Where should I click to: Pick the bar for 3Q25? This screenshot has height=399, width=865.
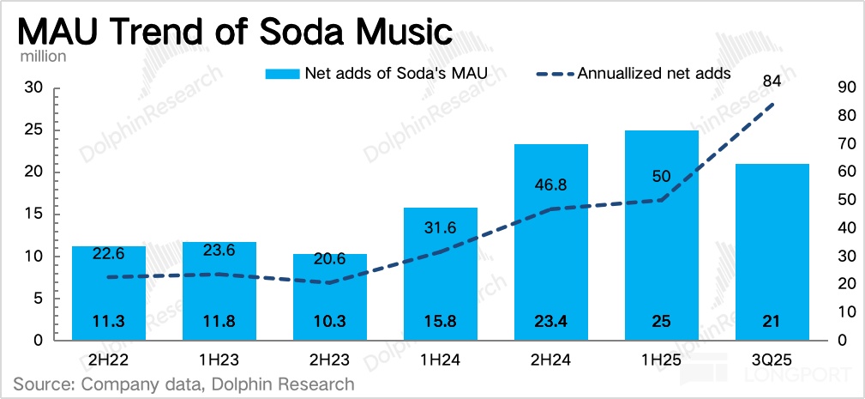[x=772, y=257]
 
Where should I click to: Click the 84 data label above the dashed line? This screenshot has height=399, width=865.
[x=771, y=81]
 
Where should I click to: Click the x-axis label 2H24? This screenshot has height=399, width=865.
[x=550, y=361]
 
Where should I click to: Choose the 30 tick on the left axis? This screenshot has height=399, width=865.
[x=34, y=88]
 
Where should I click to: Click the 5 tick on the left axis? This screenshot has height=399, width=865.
[x=39, y=299]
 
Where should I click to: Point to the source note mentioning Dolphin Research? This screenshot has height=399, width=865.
[x=183, y=384]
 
